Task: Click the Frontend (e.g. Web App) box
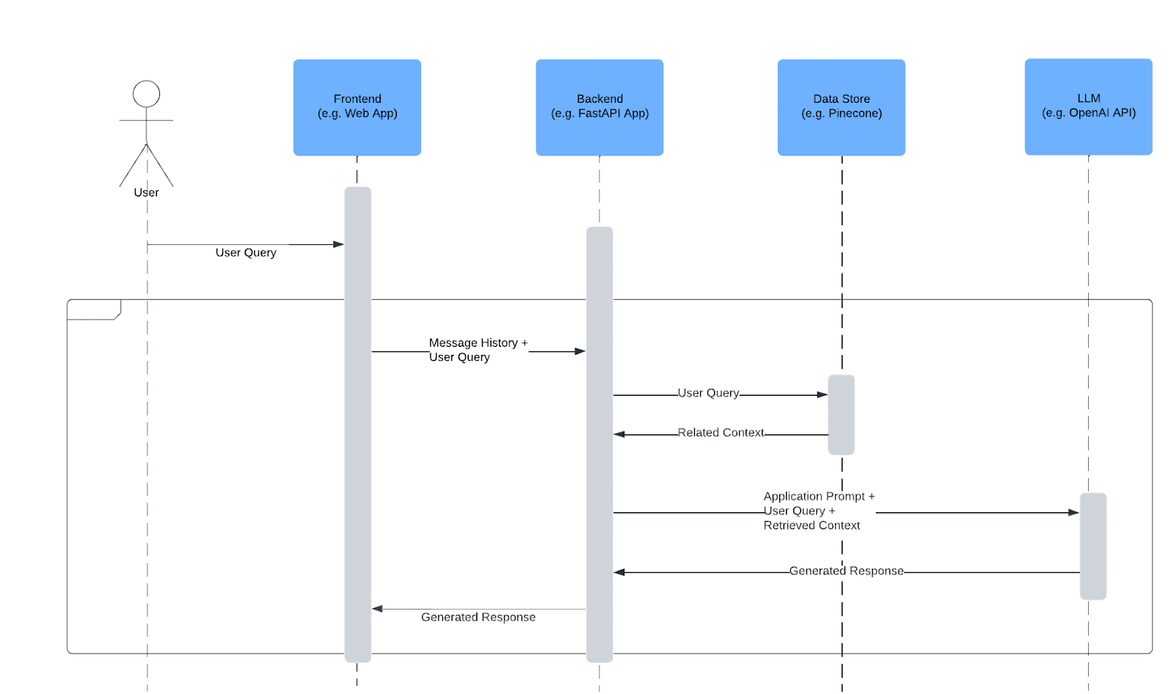coord(357,107)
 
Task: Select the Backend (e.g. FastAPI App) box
coord(599,107)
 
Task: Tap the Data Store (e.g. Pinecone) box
coord(841,107)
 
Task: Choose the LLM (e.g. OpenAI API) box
coord(1088,106)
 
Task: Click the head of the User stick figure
coord(146,94)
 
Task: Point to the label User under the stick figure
coord(146,192)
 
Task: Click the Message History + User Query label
coord(477,350)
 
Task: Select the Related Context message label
coord(721,433)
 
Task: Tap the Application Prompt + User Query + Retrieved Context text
coord(818,511)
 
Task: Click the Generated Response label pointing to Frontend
coord(478,618)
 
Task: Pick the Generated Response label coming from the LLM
coord(846,571)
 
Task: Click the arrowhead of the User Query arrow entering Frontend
coord(338,244)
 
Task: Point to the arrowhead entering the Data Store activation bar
coord(823,395)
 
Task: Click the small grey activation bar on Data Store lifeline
coord(841,414)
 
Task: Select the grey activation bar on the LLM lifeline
coord(1093,547)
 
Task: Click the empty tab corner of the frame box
coord(93,309)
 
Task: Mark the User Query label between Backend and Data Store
coord(708,393)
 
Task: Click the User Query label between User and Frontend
coord(246,252)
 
